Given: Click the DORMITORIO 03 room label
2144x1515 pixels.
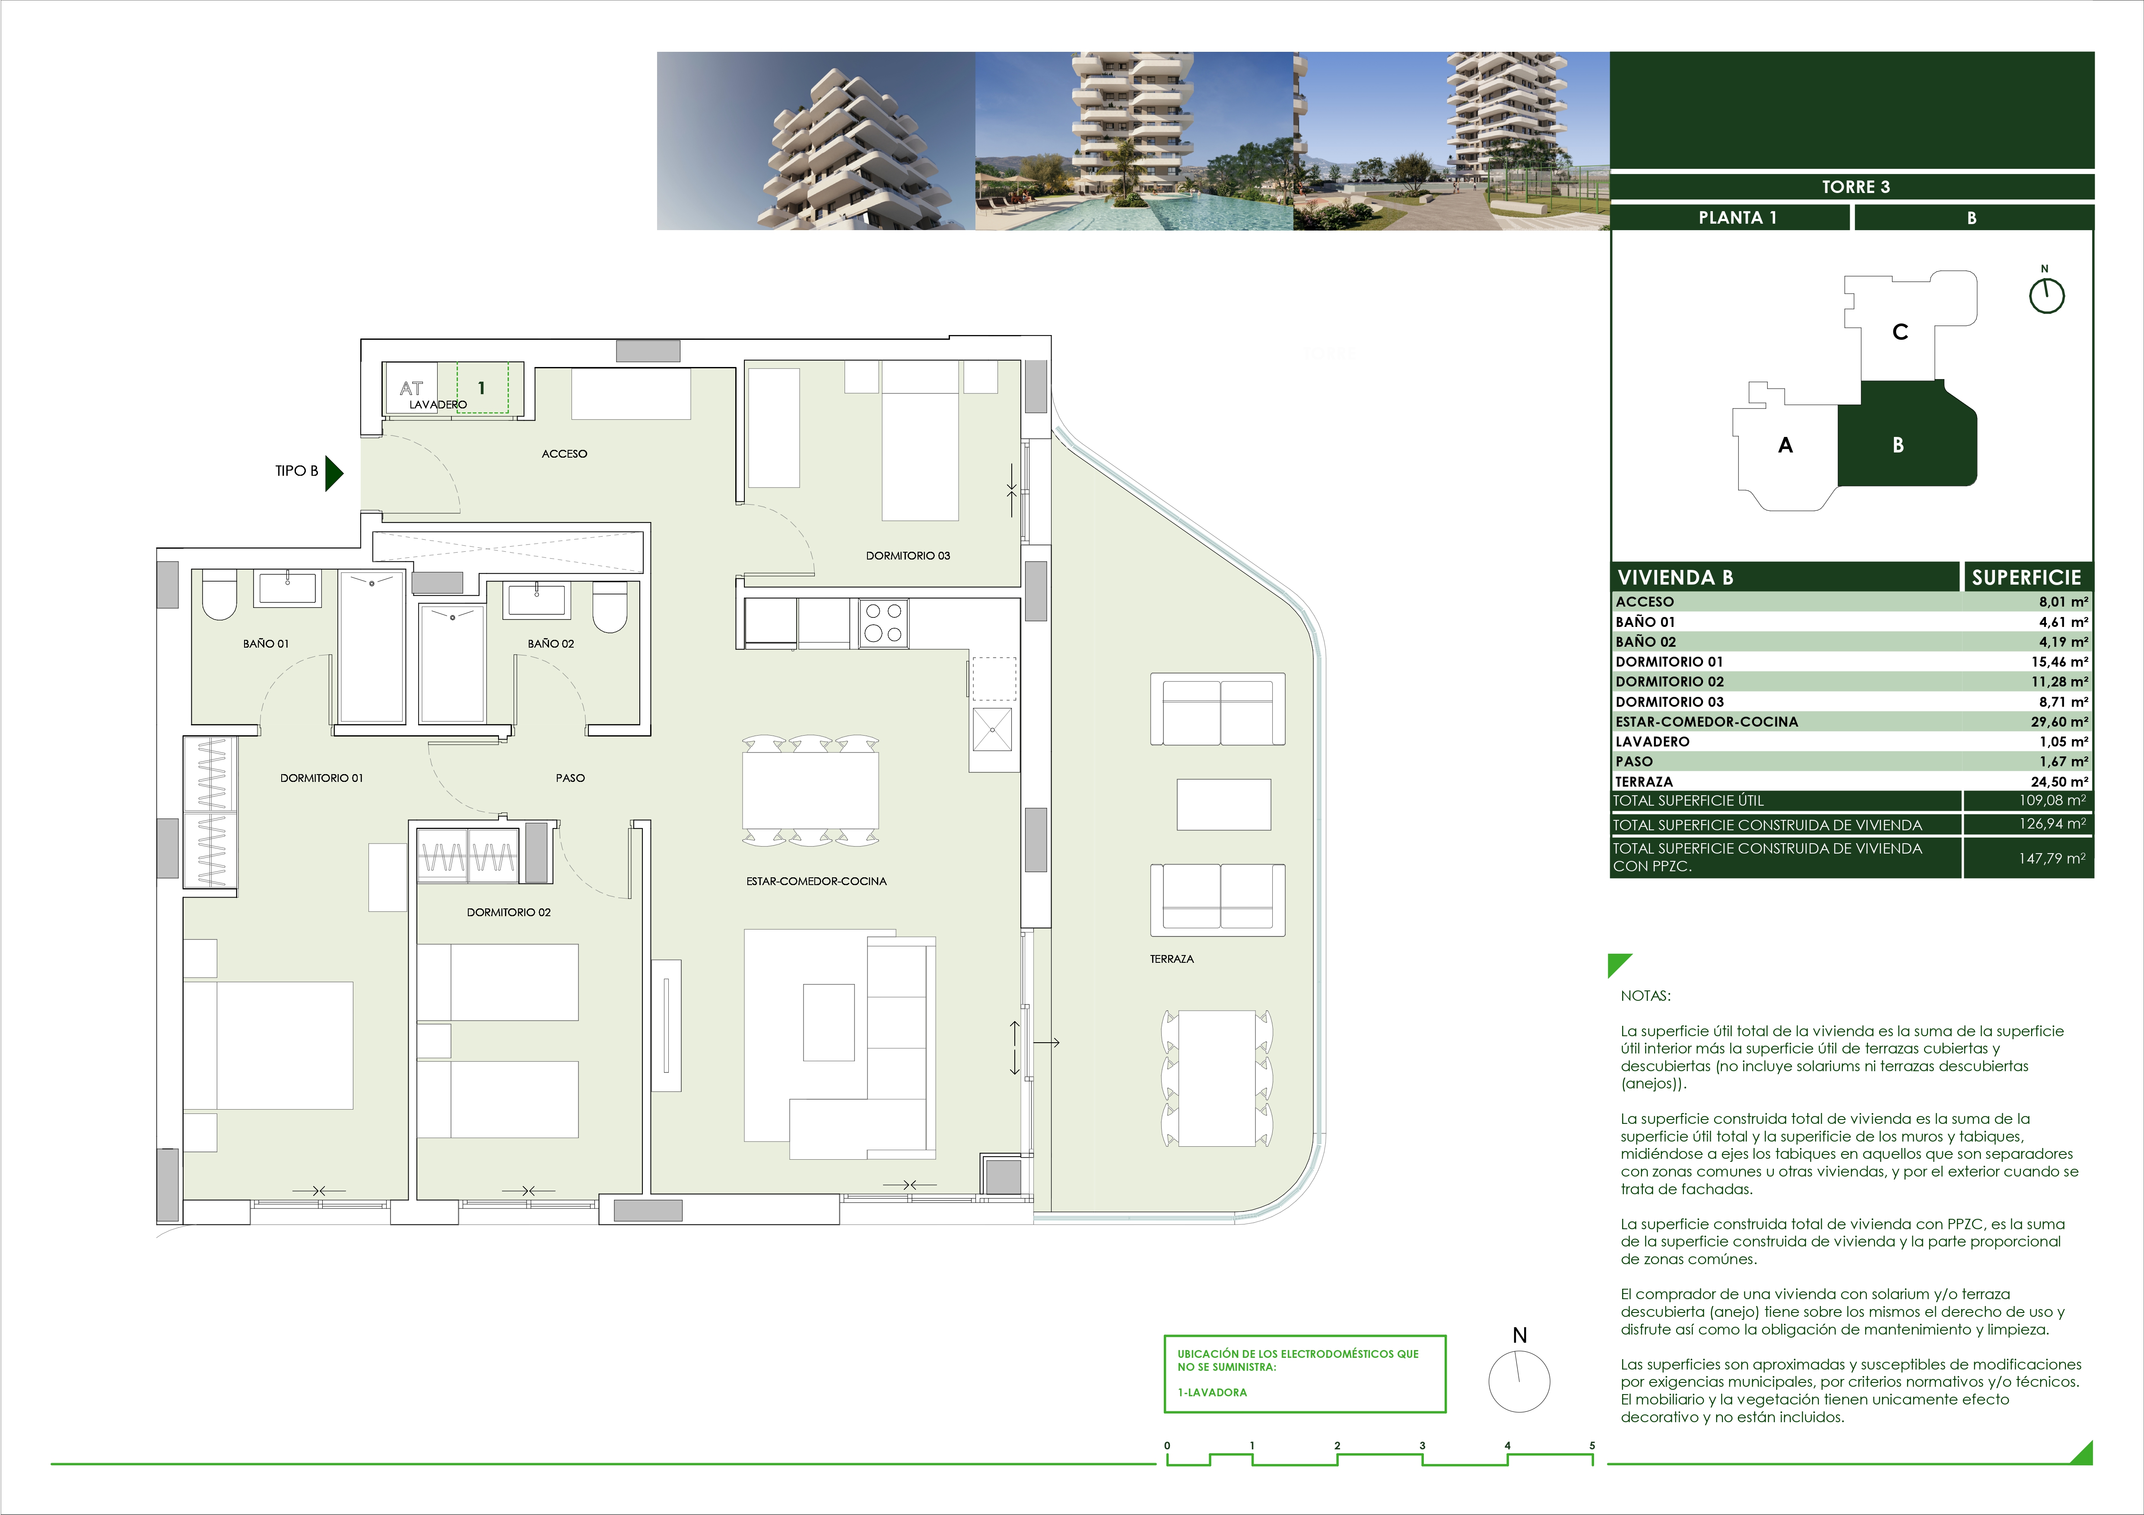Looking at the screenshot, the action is (908, 555).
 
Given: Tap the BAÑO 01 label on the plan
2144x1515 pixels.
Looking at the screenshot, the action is (266, 643).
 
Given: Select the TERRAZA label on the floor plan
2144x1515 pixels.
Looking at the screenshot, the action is (1172, 958).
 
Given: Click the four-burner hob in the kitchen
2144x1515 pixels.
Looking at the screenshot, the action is (883, 623).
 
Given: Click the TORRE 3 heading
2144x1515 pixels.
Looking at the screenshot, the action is (1855, 187).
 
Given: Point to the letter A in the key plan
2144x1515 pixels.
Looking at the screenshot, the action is (1785, 445).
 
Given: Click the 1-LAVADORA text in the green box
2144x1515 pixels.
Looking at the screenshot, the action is (1212, 1392).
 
